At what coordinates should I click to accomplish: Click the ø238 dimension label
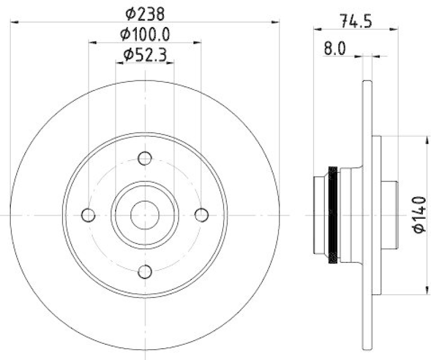click(x=144, y=12)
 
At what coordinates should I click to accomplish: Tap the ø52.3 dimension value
click(x=144, y=54)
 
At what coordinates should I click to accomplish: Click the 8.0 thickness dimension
click(x=334, y=49)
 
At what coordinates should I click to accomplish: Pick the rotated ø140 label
click(x=420, y=214)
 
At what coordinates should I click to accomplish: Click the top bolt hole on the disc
click(x=144, y=158)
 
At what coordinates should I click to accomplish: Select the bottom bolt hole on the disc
click(x=144, y=272)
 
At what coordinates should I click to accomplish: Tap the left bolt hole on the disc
click(x=88, y=215)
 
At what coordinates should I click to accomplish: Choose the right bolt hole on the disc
click(x=201, y=215)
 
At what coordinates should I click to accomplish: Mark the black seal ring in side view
click(x=333, y=215)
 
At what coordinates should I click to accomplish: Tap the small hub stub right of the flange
click(x=389, y=215)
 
